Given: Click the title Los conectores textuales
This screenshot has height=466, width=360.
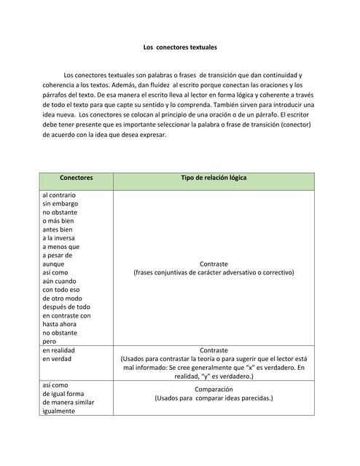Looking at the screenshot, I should [180, 47].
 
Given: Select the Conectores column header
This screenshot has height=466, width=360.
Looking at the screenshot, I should [76, 178].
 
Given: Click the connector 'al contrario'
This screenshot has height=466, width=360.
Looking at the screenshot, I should [59, 195].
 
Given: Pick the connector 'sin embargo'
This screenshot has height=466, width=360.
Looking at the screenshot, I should [60, 204].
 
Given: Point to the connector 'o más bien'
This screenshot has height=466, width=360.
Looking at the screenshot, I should [58, 221].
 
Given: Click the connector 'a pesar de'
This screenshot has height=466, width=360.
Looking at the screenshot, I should [58, 256].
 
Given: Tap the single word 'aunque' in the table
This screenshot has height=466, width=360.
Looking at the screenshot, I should [53, 264].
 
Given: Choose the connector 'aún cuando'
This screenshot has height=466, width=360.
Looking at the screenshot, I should [60, 281].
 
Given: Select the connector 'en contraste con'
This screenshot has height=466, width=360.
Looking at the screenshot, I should [66, 315].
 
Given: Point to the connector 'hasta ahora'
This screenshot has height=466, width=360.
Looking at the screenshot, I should [60, 324].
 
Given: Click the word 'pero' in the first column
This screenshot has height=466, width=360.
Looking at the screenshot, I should [49, 341].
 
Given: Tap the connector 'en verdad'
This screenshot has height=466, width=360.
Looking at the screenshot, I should [57, 359].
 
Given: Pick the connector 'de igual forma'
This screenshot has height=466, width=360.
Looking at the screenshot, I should [63, 393].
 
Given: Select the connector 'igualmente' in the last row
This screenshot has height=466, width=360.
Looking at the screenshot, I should [60, 411].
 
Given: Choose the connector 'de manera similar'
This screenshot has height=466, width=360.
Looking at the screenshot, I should [69, 402].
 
